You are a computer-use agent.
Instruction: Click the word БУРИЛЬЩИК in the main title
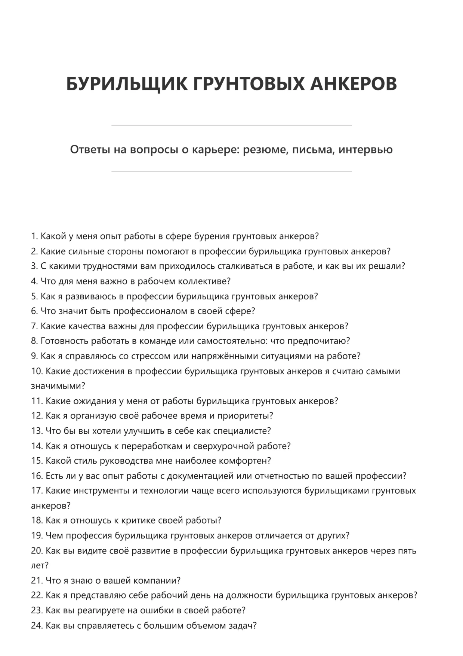pyautogui.click(x=127, y=83)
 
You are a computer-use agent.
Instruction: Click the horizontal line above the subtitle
pyautogui.click(x=231, y=125)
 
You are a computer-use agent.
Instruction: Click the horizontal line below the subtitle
pyautogui.click(x=231, y=172)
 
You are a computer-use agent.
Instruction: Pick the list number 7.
pyautogui.click(x=34, y=326)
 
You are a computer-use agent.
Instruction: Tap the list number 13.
pyautogui.click(x=37, y=431)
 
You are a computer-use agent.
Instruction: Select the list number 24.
pyautogui.click(x=37, y=626)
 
